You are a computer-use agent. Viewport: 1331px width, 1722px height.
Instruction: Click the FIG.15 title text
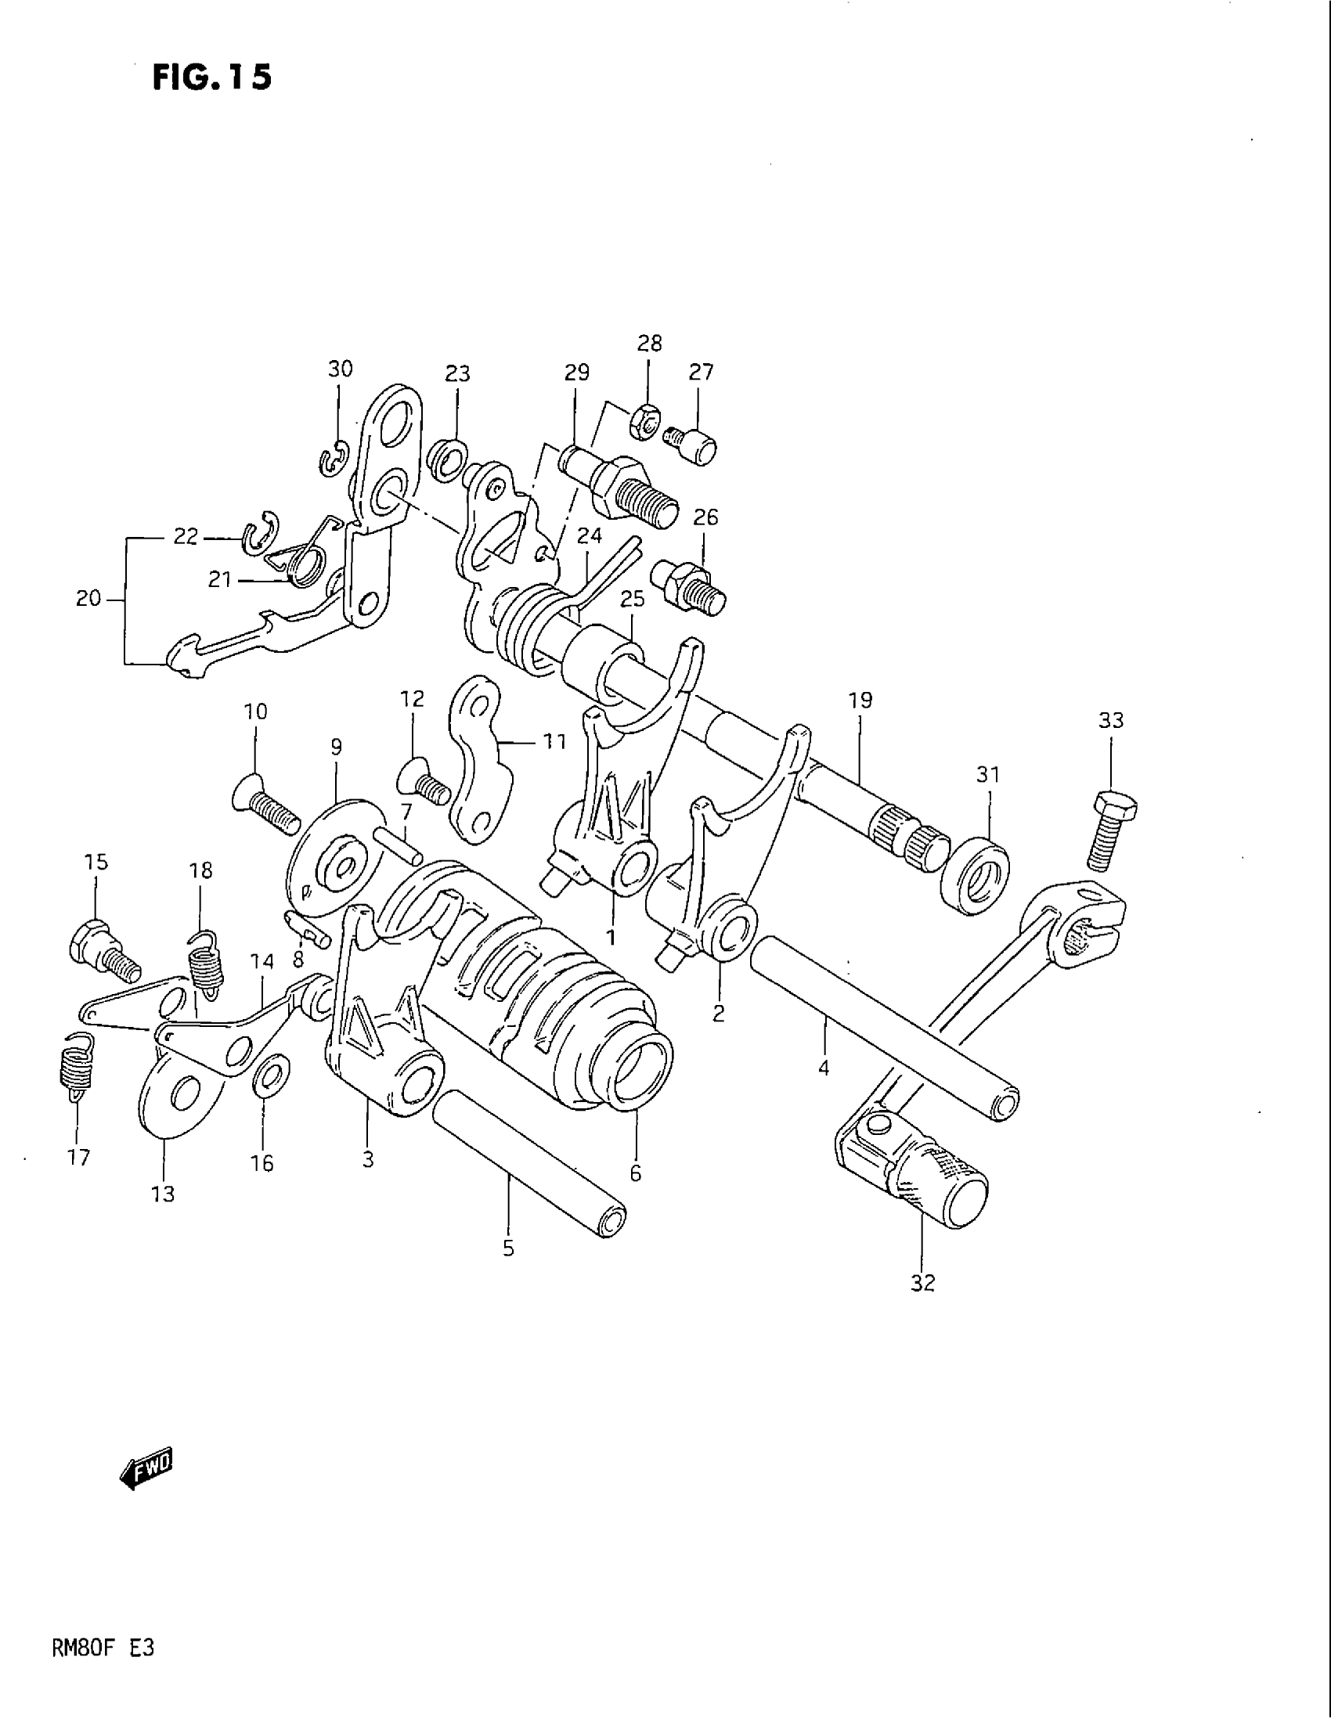click(x=211, y=77)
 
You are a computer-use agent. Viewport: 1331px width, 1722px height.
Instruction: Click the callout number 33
click(x=1110, y=720)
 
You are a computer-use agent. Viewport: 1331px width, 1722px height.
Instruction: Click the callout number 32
click(x=922, y=1283)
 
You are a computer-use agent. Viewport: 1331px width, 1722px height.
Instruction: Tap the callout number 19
click(x=860, y=699)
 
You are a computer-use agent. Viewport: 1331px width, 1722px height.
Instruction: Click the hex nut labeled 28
click(x=645, y=423)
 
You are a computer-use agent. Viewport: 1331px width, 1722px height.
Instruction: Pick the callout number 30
click(x=341, y=368)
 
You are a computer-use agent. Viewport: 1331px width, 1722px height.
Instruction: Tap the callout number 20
click(x=88, y=600)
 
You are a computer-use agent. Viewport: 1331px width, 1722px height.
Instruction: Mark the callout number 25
click(x=633, y=599)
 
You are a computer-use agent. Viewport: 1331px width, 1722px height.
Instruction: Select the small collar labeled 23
click(x=447, y=459)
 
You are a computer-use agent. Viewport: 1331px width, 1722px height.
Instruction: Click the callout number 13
click(x=163, y=1194)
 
